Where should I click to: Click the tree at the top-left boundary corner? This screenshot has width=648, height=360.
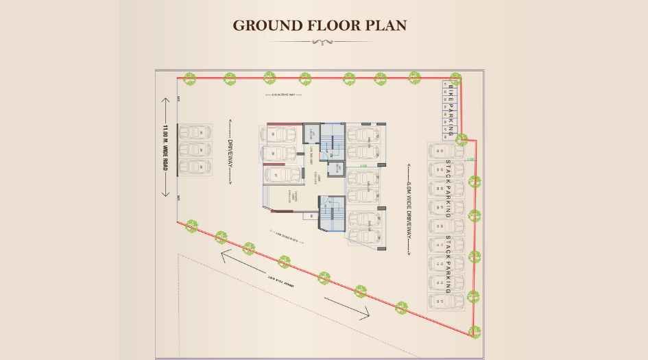click(x=189, y=78)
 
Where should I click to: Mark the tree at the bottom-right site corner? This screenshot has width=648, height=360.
click(x=474, y=332)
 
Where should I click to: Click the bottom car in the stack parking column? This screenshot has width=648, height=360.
click(x=437, y=302)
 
